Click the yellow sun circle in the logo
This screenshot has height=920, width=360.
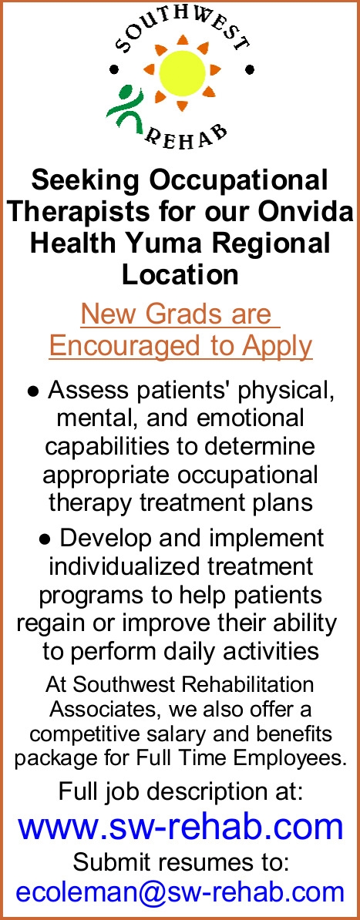182,72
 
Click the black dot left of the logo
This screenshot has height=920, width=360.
115,70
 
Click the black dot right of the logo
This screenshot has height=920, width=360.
250,69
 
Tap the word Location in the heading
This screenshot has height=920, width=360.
180,274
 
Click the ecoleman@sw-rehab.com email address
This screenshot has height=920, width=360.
180,891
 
